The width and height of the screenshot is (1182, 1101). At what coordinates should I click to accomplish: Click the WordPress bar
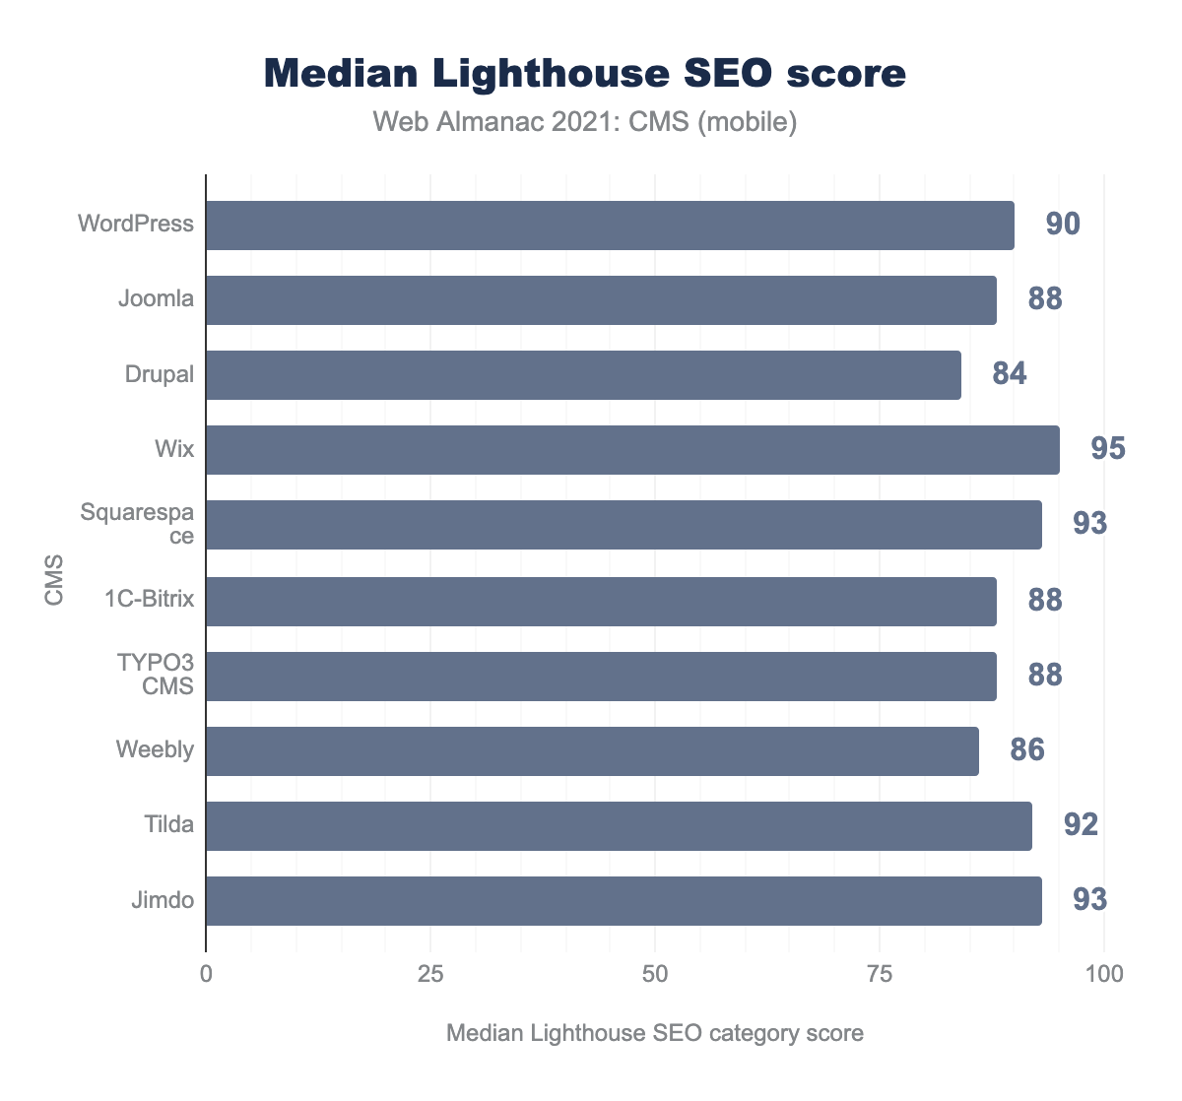point(610,226)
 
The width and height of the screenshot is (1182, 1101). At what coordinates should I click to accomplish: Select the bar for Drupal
point(583,375)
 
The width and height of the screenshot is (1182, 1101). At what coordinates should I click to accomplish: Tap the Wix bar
point(632,450)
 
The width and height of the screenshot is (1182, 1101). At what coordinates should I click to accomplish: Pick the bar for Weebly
point(592,751)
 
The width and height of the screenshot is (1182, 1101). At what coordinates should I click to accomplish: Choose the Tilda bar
point(619,825)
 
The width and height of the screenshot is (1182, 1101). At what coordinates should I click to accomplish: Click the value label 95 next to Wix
point(1107,450)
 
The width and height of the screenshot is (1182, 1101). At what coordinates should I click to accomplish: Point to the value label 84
point(1009,375)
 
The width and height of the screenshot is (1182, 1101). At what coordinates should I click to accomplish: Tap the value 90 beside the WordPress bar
point(1062,226)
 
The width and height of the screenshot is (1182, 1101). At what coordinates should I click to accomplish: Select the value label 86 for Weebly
point(1026,751)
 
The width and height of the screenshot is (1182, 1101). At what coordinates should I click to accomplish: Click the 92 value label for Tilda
point(1080,825)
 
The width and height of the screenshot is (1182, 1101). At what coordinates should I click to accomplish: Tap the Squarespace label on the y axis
point(151,525)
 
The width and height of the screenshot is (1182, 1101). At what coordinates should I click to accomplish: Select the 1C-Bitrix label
point(149,600)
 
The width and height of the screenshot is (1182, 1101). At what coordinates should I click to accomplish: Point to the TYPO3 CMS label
point(156,675)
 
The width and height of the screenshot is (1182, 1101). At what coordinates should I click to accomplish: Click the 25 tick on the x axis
point(430,975)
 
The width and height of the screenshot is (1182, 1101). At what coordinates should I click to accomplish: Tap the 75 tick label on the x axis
point(880,975)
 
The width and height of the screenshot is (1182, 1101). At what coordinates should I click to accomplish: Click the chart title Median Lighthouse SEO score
point(585,75)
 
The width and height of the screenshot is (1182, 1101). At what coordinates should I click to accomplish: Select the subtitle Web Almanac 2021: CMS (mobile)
point(585,122)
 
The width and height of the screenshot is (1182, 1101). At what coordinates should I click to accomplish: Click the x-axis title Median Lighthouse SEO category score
point(654,1034)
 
